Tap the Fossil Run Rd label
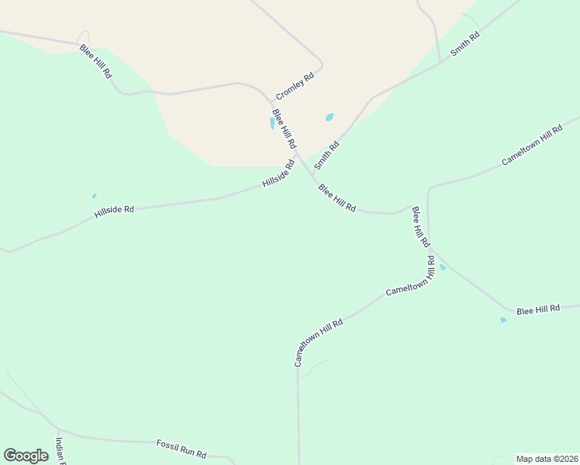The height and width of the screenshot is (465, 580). tap(181, 447)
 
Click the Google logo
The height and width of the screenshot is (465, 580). tap(26, 456)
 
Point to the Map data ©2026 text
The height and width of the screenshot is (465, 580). tap(547, 459)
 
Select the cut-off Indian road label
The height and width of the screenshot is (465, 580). tap(60, 450)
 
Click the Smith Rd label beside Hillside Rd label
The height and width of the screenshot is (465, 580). tap(327, 156)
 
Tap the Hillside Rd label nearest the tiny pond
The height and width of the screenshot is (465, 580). tap(114, 210)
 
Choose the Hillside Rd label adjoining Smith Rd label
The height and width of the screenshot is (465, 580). tap(278, 174)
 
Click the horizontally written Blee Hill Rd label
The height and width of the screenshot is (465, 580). tap(538, 309)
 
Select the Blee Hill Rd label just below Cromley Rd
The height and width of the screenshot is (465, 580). tap(284, 129)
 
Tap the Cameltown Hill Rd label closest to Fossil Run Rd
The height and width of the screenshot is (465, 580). tap(318, 342)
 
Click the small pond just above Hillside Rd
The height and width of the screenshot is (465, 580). tap(95, 196)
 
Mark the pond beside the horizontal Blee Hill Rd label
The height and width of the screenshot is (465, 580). tap(503, 319)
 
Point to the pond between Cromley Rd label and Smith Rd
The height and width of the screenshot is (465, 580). tap(330, 118)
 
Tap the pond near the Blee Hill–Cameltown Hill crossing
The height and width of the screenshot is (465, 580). tap(443, 267)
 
